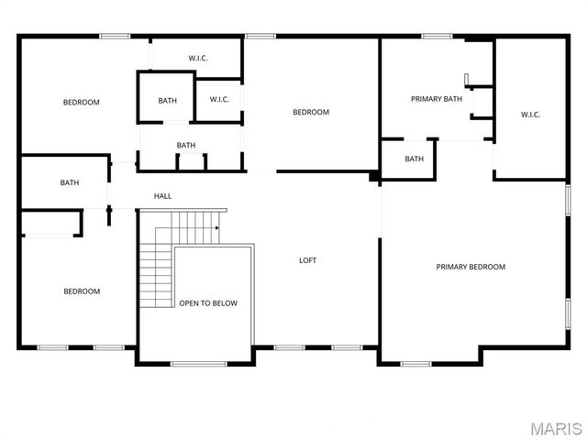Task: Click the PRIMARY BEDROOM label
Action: point(471,267)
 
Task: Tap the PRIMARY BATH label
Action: point(437,99)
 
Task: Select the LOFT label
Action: point(308,260)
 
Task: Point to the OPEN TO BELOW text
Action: point(208,302)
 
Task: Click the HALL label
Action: point(162,196)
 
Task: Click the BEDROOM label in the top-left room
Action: point(81,102)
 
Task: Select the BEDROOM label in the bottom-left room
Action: point(81,291)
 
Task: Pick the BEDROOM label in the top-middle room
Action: point(310,113)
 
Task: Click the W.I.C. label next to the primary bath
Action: point(530,115)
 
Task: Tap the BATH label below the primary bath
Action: point(415,159)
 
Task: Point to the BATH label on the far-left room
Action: point(70,182)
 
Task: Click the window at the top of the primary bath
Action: point(437,37)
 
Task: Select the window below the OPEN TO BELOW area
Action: point(199,364)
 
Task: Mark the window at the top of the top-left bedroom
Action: point(115,37)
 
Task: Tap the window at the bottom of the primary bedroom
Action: point(416,364)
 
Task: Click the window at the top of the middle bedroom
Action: point(260,37)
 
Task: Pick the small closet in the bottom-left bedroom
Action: point(50,223)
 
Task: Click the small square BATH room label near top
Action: point(167,101)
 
